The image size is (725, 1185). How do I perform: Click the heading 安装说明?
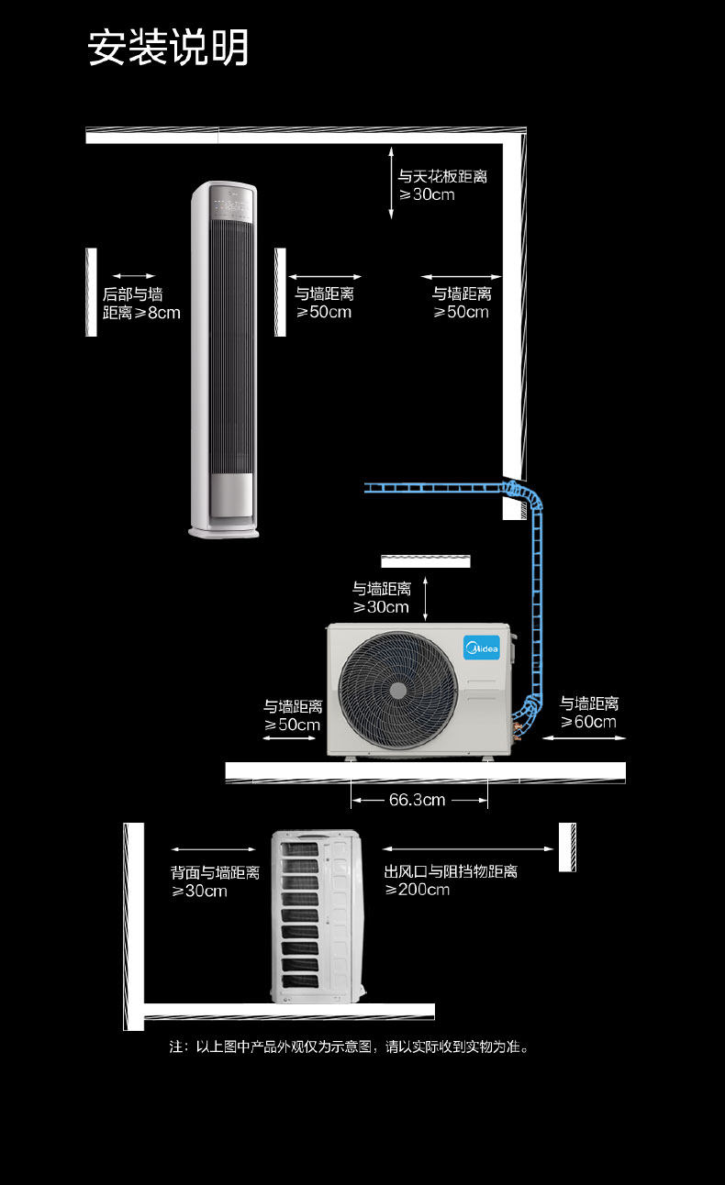(168, 48)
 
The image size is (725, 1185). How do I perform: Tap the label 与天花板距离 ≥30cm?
(441, 184)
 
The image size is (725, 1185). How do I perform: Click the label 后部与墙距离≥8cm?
(140, 304)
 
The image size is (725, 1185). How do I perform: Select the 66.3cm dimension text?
(417, 800)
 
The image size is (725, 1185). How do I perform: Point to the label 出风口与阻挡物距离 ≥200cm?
(451, 880)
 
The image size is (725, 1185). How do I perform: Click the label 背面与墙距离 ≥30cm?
(215, 881)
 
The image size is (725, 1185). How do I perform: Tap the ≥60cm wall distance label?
(589, 713)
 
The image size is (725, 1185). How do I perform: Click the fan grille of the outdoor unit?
(397, 689)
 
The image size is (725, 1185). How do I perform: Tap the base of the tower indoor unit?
(224, 529)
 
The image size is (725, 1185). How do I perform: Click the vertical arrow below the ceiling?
(391, 185)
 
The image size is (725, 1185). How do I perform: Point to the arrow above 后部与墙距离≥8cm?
(134, 275)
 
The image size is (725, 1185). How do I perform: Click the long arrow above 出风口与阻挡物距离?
(468, 849)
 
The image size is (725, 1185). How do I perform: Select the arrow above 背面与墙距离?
(213, 849)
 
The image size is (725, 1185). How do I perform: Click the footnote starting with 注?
(350, 1047)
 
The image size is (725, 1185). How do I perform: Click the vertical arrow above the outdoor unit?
(426, 599)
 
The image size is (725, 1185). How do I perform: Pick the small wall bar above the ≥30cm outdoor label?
(426, 560)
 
